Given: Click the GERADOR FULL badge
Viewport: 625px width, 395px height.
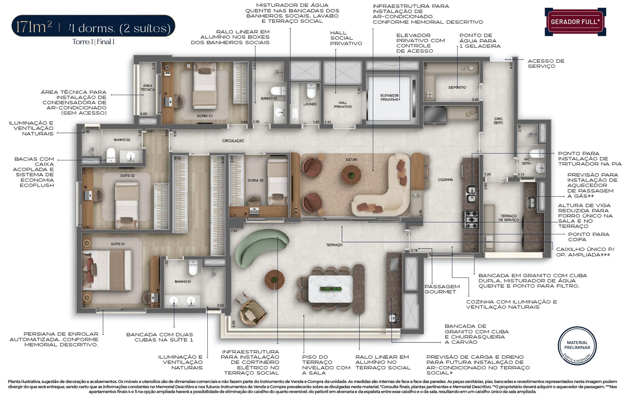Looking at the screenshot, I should (x=575, y=22).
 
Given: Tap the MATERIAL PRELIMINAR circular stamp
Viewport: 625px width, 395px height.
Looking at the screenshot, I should (x=577, y=346).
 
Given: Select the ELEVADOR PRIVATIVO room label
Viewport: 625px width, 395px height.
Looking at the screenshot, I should (x=389, y=97).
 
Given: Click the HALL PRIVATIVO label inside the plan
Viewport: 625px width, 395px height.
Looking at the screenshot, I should (x=343, y=105).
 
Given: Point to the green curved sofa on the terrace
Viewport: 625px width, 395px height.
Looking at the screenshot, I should (x=260, y=245).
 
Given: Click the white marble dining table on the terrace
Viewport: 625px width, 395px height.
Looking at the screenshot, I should (x=330, y=289).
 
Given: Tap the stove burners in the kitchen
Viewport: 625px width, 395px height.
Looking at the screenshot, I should (x=471, y=220).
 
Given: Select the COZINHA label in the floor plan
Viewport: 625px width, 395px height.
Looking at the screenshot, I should (x=445, y=180).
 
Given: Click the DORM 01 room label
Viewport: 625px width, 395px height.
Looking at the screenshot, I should (x=205, y=116).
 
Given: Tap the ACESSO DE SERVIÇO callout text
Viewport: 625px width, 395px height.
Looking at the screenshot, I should (x=546, y=64).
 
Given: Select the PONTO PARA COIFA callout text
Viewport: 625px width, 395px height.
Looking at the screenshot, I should (x=588, y=237).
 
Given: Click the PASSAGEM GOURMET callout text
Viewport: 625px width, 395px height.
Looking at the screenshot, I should (x=442, y=289).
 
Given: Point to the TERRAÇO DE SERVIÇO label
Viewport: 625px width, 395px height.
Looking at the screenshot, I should (x=508, y=218).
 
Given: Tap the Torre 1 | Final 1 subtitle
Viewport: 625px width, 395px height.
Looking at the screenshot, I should (x=93, y=42).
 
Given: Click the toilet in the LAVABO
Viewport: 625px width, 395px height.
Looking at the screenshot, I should (x=311, y=91).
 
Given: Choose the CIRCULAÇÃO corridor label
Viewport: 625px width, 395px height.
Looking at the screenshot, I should (x=233, y=141).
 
